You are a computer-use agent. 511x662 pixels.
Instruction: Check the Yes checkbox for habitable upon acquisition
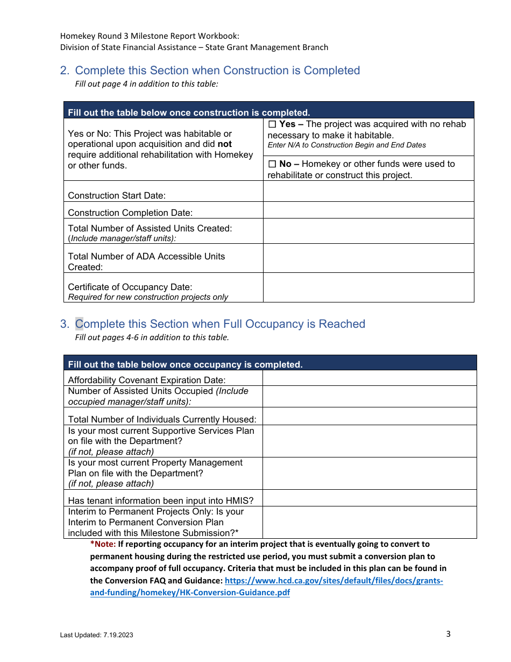click(x=272, y=124)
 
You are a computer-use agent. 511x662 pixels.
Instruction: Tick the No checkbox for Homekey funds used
click(x=272, y=164)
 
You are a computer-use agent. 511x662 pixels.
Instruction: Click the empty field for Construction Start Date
click(x=368, y=191)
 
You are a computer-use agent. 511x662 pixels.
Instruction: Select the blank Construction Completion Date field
click(x=368, y=210)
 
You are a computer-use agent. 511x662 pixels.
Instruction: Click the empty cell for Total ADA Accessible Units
click(x=368, y=258)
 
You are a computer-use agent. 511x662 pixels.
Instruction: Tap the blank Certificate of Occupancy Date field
click(x=368, y=287)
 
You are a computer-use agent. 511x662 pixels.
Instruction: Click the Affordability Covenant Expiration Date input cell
click(x=369, y=378)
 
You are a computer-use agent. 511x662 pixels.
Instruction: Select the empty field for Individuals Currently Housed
click(x=369, y=416)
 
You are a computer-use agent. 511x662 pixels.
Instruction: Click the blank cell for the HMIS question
click(x=369, y=498)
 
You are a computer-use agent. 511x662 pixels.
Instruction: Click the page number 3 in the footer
click(x=448, y=633)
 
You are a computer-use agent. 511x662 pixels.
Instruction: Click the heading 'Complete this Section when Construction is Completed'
click(x=217, y=71)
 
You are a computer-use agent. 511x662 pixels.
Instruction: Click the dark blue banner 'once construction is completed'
click(x=189, y=112)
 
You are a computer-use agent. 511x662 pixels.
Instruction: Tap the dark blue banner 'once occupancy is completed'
click(x=185, y=364)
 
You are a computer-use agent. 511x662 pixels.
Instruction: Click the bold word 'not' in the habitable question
click(x=224, y=144)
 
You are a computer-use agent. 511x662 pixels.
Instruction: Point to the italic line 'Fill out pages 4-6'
click(x=152, y=337)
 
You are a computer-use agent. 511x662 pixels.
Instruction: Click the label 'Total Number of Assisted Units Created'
click(x=150, y=228)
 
